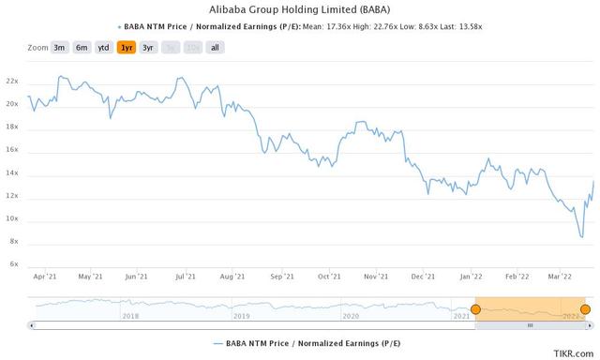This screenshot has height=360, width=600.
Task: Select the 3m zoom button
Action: pos(60,47)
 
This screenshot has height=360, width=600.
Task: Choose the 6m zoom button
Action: pos(82,47)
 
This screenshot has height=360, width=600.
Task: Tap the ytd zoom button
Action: pos(104,47)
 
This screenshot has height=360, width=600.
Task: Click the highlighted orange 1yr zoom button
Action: pos(126,47)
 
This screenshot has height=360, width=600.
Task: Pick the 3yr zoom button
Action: pos(148,47)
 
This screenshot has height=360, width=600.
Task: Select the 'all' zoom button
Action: pos(215,47)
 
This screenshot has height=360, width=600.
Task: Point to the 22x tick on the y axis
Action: pos(13,81)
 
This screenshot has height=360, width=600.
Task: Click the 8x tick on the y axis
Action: pos(15,242)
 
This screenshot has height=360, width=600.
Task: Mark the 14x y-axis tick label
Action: pos(13,173)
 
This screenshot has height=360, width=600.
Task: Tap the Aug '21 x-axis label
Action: pos(232,277)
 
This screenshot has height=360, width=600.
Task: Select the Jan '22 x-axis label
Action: pos(471,277)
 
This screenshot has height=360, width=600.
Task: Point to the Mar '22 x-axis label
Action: pos(561,277)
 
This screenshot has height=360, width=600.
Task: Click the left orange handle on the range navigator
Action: pos(475,309)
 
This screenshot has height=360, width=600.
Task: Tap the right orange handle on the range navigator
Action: pos(586,309)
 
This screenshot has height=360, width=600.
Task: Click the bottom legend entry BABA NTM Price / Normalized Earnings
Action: pos(300,344)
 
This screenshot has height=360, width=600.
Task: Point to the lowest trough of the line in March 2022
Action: pos(581,237)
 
